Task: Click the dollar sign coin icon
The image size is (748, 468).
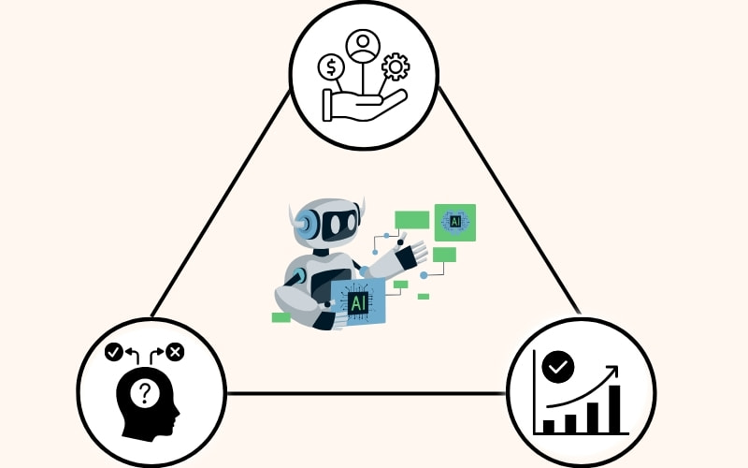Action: tap(331, 66)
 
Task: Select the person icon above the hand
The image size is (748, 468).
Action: tap(363, 45)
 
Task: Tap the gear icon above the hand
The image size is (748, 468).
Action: tap(396, 66)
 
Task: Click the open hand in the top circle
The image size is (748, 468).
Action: tap(365, 105)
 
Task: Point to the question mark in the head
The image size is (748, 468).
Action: tap(145, 393)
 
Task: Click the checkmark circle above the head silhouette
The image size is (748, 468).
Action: tap(114, 353)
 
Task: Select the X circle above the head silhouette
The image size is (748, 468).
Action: tap(175, 353)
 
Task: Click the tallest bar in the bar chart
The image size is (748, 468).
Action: tap(615, 409)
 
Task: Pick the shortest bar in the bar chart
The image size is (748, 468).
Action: tap(549, 426)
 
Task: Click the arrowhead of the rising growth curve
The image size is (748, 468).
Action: tap(612, 371)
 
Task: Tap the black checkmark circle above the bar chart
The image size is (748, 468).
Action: tap(558, 367)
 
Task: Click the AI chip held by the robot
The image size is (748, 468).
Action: tap(358, 302)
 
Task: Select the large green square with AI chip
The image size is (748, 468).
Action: tap(455, 223)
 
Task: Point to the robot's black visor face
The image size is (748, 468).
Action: tap(338, 223)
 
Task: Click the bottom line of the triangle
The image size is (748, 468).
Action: tap(367, 393)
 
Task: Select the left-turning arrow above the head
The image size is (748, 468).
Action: tap(132, 356)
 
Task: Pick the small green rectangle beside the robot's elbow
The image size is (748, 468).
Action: tap(281, 317)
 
